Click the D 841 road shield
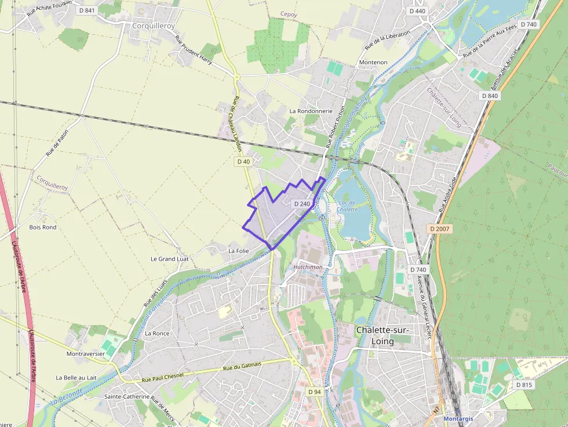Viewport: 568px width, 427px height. (x=87, y=10)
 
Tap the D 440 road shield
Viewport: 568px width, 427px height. (x=417, y=10)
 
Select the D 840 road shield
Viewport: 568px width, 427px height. (x=489, y=96)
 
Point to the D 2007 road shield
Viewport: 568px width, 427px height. (x=440, y=229)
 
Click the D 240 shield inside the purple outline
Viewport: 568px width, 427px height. (x=302, y=204)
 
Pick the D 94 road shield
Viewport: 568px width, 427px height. (x=314, y=392)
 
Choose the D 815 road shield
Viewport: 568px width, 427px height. (x=523, y=385)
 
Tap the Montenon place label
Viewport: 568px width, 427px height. (x=373, y=62)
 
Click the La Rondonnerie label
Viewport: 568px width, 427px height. (x=311, y=111)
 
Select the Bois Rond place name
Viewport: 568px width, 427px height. (x=43, y=227)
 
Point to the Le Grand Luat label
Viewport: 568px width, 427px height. (x=169, y=258)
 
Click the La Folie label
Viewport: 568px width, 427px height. (x=238, y=251)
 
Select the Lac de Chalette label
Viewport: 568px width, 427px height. (x=347, y=206)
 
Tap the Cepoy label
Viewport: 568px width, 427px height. (x=289, y=13)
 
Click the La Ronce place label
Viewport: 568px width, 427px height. (x=157, y=333)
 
